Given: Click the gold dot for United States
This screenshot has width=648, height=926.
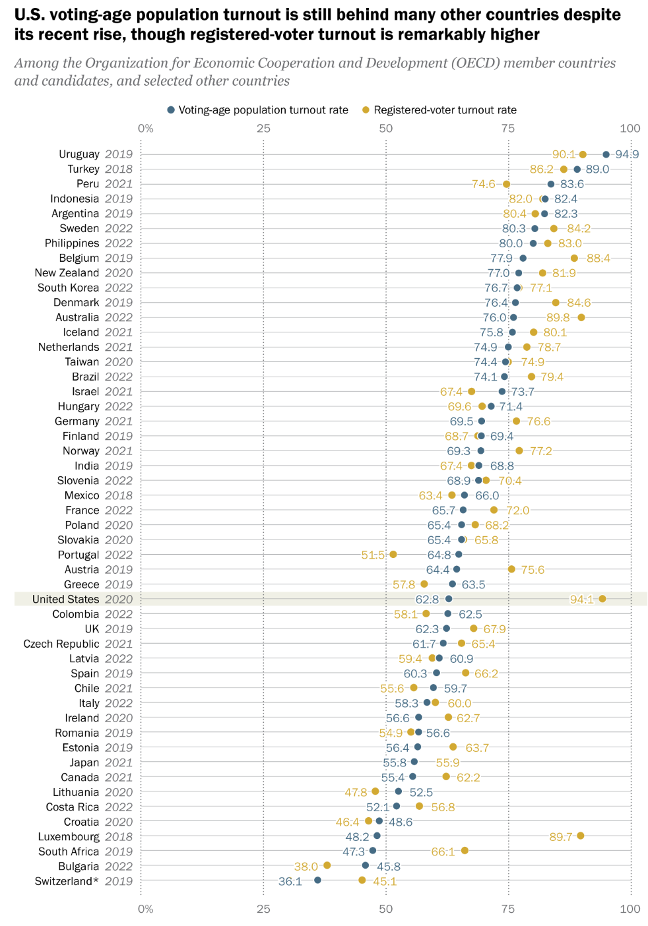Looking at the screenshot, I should (602, 599).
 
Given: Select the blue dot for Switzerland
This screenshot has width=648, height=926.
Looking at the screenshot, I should (317, 880).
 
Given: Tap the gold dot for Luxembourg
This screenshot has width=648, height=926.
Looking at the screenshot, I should (581, 836).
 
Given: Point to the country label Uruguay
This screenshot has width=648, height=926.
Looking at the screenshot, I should (79, 154).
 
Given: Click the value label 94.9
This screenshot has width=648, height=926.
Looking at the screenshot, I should (627, 154).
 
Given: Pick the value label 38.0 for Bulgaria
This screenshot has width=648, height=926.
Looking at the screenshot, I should (306, 866).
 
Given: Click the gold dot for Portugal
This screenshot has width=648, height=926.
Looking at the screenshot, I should (393, 554).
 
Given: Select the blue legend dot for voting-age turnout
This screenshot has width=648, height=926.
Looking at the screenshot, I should (171, 110).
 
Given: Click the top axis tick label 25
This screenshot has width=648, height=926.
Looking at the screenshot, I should (263, 128).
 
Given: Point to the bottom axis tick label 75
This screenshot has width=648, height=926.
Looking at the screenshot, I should (508, 909).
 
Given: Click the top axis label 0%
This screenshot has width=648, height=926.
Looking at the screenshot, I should (145, 128).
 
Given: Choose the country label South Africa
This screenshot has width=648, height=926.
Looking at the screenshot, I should (68, 851).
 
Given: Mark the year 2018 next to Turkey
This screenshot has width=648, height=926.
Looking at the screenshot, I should (119, 169).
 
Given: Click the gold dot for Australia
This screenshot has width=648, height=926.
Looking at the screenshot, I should (581, 317).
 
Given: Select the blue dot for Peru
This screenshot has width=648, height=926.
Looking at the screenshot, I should (551, 184).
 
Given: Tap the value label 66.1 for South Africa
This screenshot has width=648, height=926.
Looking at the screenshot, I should (443, 851).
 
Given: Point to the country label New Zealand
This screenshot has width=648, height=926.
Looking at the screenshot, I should (67, 273).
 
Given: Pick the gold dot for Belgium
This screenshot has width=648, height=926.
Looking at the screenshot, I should (574, 258).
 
